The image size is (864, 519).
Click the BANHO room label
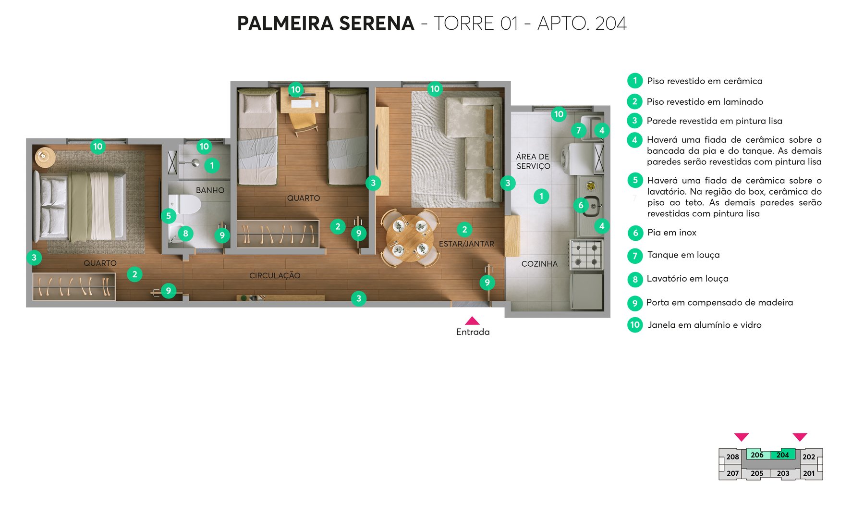point(210,190)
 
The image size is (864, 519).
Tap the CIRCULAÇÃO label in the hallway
point(275,276)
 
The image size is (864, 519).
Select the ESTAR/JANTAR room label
point(466,244)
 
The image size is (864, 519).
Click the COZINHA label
point(539,264)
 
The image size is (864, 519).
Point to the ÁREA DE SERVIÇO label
point(533,161)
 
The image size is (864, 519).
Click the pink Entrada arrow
point(472,321)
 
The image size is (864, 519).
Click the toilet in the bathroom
point(185,204)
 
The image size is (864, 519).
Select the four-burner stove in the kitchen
point(586,255)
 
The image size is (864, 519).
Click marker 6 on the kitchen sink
point(581,205)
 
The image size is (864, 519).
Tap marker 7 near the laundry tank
point(578,130)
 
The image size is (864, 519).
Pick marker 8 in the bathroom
point(185,234)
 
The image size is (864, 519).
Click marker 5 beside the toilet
point(168,216)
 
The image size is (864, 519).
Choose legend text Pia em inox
point(671,233)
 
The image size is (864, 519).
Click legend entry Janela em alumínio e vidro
point(704,325)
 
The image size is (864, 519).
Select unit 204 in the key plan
point(782,455)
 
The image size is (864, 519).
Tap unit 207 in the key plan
point(732,473)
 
